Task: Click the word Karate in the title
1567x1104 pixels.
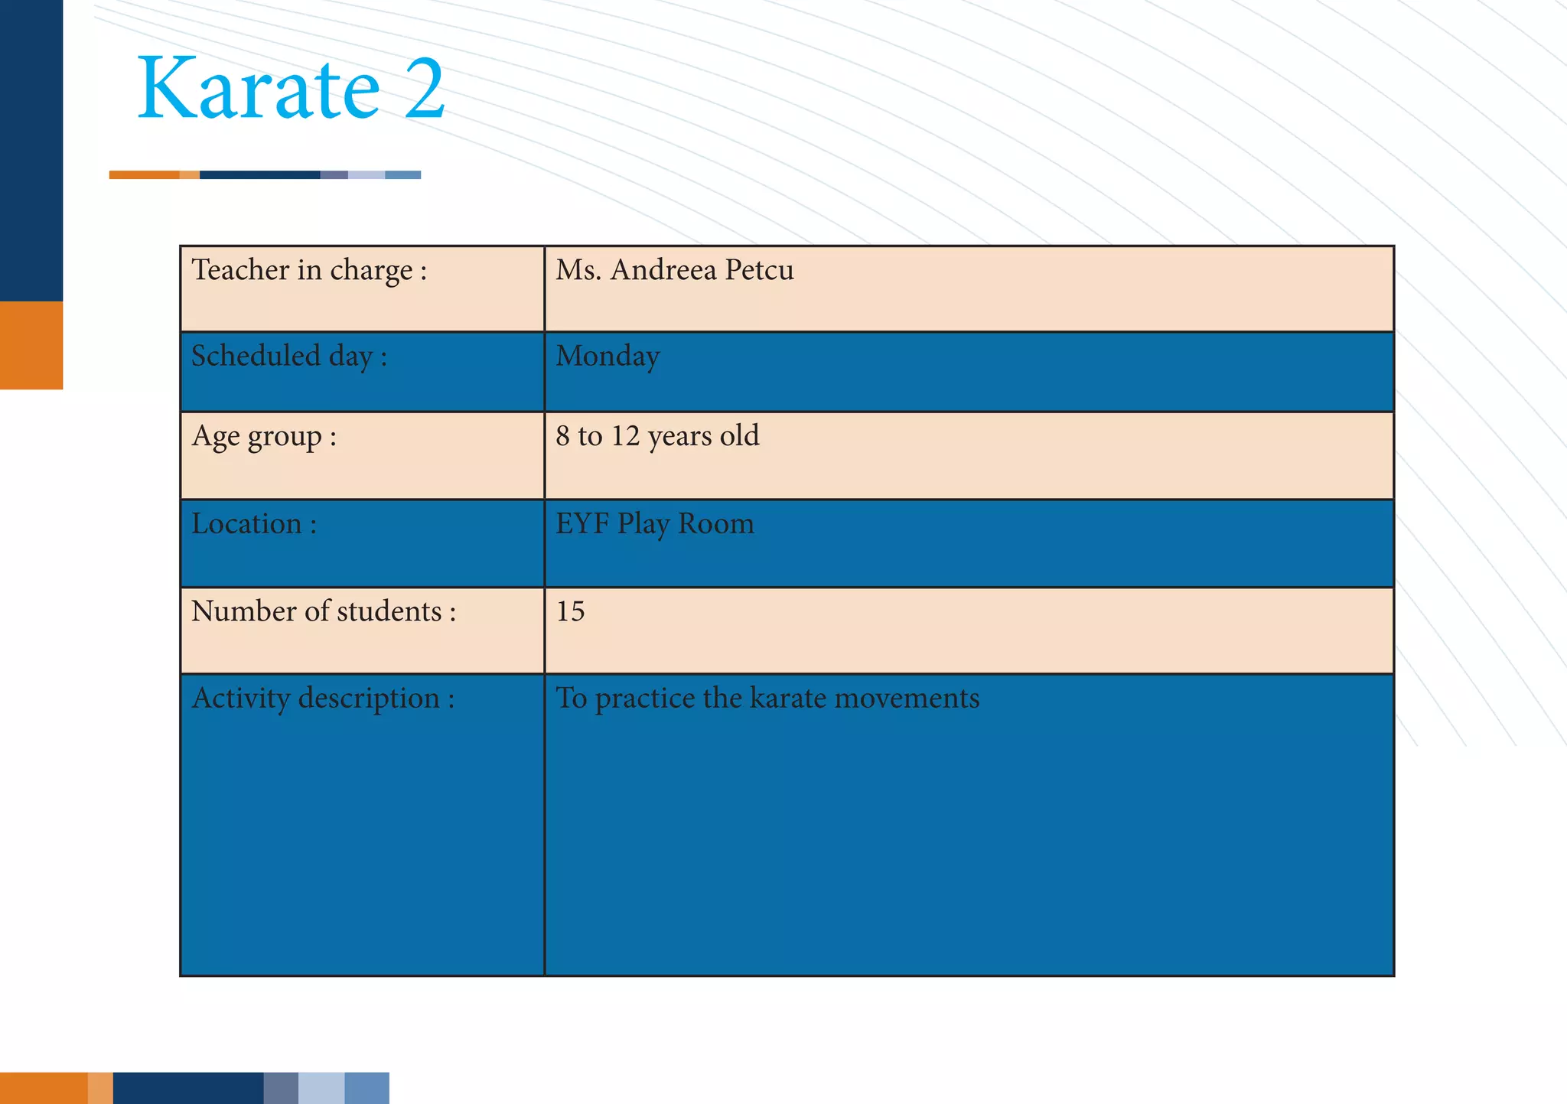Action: [258, 89]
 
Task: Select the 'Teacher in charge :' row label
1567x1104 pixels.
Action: [309, 271]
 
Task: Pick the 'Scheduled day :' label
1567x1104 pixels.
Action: [289, 357]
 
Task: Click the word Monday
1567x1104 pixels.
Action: [608, 357]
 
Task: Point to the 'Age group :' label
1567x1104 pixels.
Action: [264, 437]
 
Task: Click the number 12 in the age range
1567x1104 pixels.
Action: [625, 436]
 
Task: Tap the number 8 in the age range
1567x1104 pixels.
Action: [562, 436]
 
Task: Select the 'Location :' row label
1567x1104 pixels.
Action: [254, 524]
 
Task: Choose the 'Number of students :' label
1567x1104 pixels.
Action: [324, 611]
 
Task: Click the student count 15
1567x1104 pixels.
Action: [570, 611]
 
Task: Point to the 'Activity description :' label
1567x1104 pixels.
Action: [323, 699]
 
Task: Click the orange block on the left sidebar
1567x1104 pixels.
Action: [31, 345]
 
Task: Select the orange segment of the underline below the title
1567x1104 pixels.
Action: [145, 175]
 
